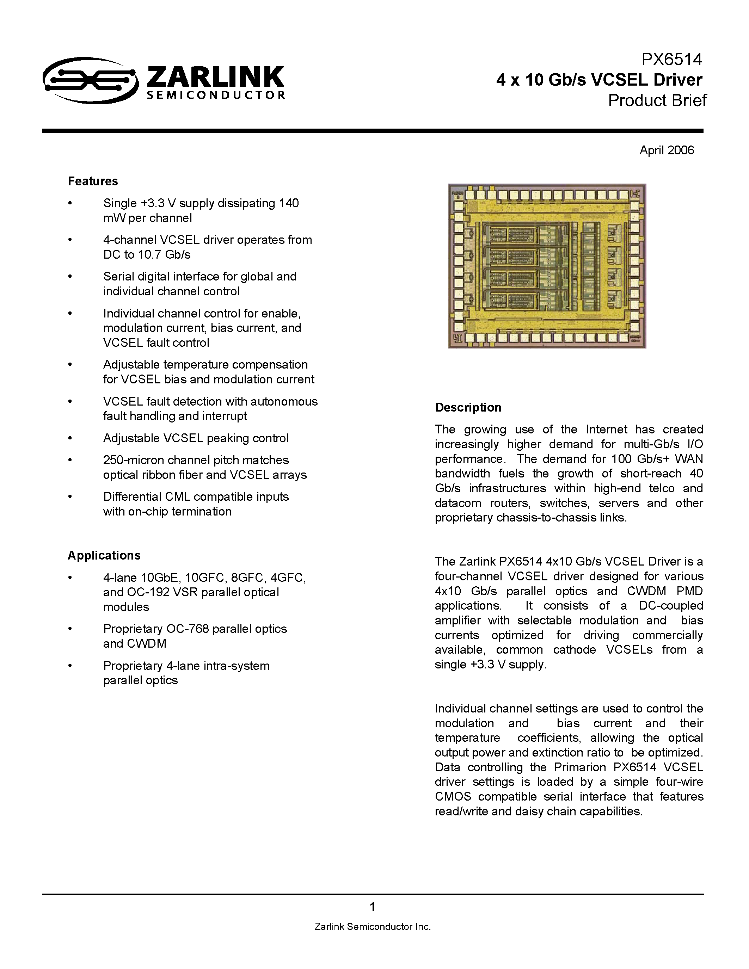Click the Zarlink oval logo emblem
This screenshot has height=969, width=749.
(x=90, y=80)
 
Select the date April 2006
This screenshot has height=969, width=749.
(x=667, y=150)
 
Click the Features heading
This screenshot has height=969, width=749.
(x=93, y=181)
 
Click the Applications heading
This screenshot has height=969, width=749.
(x=104, y=555)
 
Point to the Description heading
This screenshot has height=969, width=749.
(x=468, y=407)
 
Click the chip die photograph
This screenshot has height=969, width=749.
(x=547, y=266)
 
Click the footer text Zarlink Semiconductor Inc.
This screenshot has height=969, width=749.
(x=373, y=926)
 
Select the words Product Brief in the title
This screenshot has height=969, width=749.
(x=657, y=101)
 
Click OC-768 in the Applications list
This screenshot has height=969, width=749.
(x=187, y=629)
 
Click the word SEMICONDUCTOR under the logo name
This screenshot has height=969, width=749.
(x=216, y=95)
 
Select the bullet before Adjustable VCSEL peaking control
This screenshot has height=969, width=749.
(x=70, y=438)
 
